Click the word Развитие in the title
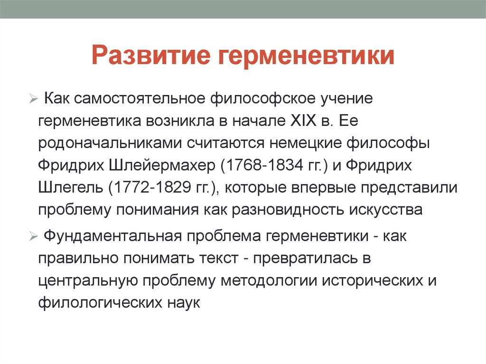pyautogui.click(x=151, y=56)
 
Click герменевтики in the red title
pyautogui.click(x=307, y=56)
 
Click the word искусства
pyautogui.click(x=385, y=209)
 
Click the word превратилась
pyautogui.click(x=310, y=258)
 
